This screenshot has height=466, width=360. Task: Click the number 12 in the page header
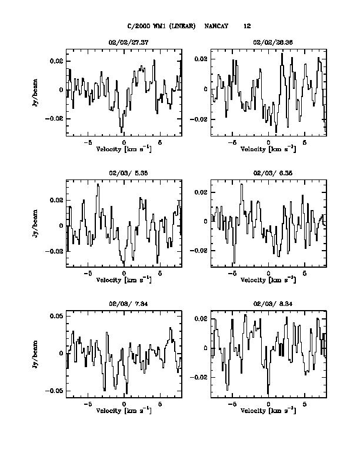coord(247,26)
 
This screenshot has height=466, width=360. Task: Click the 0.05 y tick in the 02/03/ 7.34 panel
coord(56,317)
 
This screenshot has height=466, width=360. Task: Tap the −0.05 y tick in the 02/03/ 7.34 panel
coord(55,391)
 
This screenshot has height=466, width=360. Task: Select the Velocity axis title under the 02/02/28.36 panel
coord(268,149)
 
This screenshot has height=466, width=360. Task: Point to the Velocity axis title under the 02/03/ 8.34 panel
coord(268,411)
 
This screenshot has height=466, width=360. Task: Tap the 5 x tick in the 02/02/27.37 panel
coord(160,142)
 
